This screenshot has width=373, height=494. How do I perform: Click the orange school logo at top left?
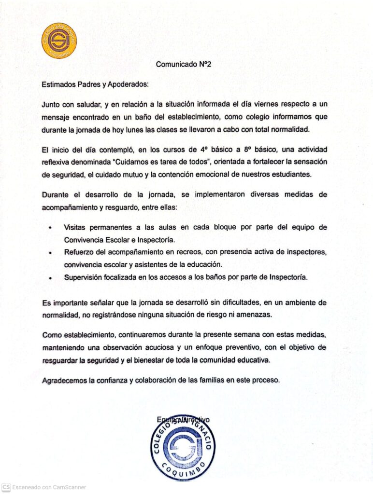[58, 41]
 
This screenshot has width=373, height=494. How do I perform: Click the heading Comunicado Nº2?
[184, 64]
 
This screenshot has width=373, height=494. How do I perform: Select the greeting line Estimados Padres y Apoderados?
[95, 84]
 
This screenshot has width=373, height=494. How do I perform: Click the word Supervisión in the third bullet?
[84, 277]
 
